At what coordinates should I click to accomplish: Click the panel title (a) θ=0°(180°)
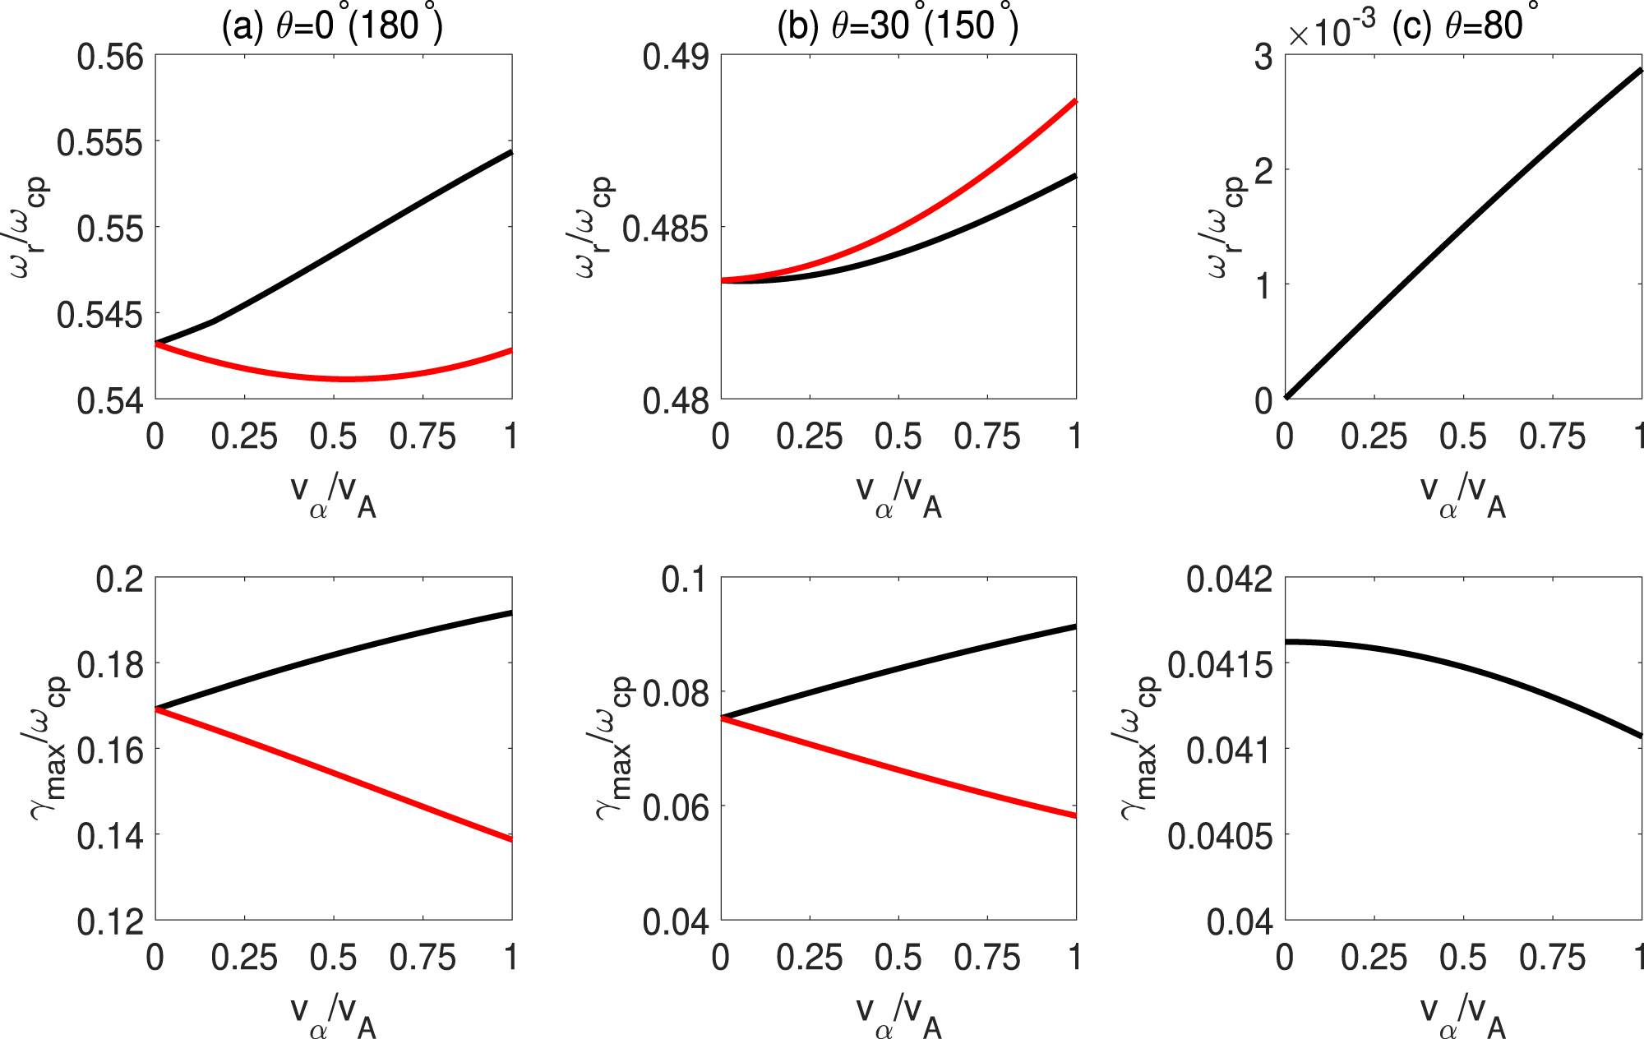[332, 26]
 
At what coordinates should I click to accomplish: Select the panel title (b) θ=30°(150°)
[898, 26]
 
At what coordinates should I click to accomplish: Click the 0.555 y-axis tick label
[99, 143]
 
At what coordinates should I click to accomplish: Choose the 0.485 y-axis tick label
[664, 229]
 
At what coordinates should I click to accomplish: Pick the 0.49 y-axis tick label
[674, 58]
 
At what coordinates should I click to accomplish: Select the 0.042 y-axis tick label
[1229, 579]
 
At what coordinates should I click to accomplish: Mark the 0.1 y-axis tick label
[684, 579]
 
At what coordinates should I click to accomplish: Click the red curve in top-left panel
[345, 379]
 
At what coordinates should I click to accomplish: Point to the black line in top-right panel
[1463, 233]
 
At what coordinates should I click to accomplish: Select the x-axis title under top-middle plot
[898, 496]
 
